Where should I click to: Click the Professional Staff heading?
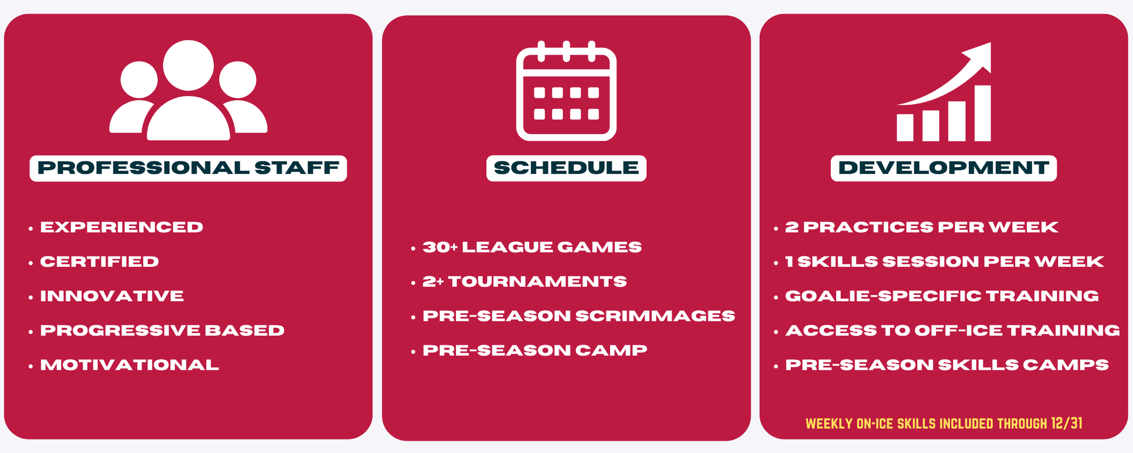(188, 168)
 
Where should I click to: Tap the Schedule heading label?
(566, 168)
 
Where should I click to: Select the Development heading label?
(944, 168)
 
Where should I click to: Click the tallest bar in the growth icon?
(983, 113)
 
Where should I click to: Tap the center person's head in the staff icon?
(189, 65)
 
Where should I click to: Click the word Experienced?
(122, 227)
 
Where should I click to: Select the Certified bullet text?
(100, 262)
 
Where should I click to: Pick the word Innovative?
(112, 296)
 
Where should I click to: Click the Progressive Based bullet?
(163, 331)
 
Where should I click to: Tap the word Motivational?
(130, 365)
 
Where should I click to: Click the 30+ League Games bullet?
(533, 247)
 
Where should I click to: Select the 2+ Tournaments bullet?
(525, 282)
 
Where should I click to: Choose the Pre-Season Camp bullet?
(535, 351)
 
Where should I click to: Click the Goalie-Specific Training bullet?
(942, 296)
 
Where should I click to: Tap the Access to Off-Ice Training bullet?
(953, 331)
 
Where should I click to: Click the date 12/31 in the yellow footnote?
(1067, 423)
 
